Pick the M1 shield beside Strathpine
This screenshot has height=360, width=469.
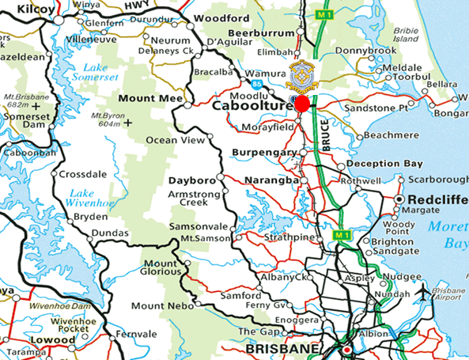(x=341, y=235)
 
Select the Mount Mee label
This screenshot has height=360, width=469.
(x=146, y=99)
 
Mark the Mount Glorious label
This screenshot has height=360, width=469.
(x=161, y=267)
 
